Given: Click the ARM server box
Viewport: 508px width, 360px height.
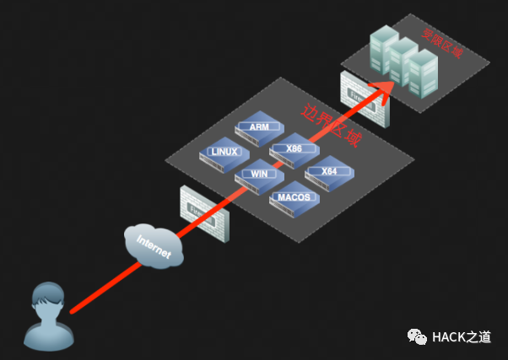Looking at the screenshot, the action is (258, 127).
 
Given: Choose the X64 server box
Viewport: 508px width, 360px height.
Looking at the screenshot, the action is (328, 173).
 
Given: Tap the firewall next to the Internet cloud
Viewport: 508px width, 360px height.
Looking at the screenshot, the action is (203, 215).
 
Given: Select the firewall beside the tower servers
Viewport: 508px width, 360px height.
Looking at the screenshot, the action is (362, 97).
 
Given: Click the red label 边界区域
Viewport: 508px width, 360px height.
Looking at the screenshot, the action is (331, 124).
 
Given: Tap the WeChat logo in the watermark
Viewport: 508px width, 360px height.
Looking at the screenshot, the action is (418, 336).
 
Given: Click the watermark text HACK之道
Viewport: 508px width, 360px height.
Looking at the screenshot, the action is (461, 337).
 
